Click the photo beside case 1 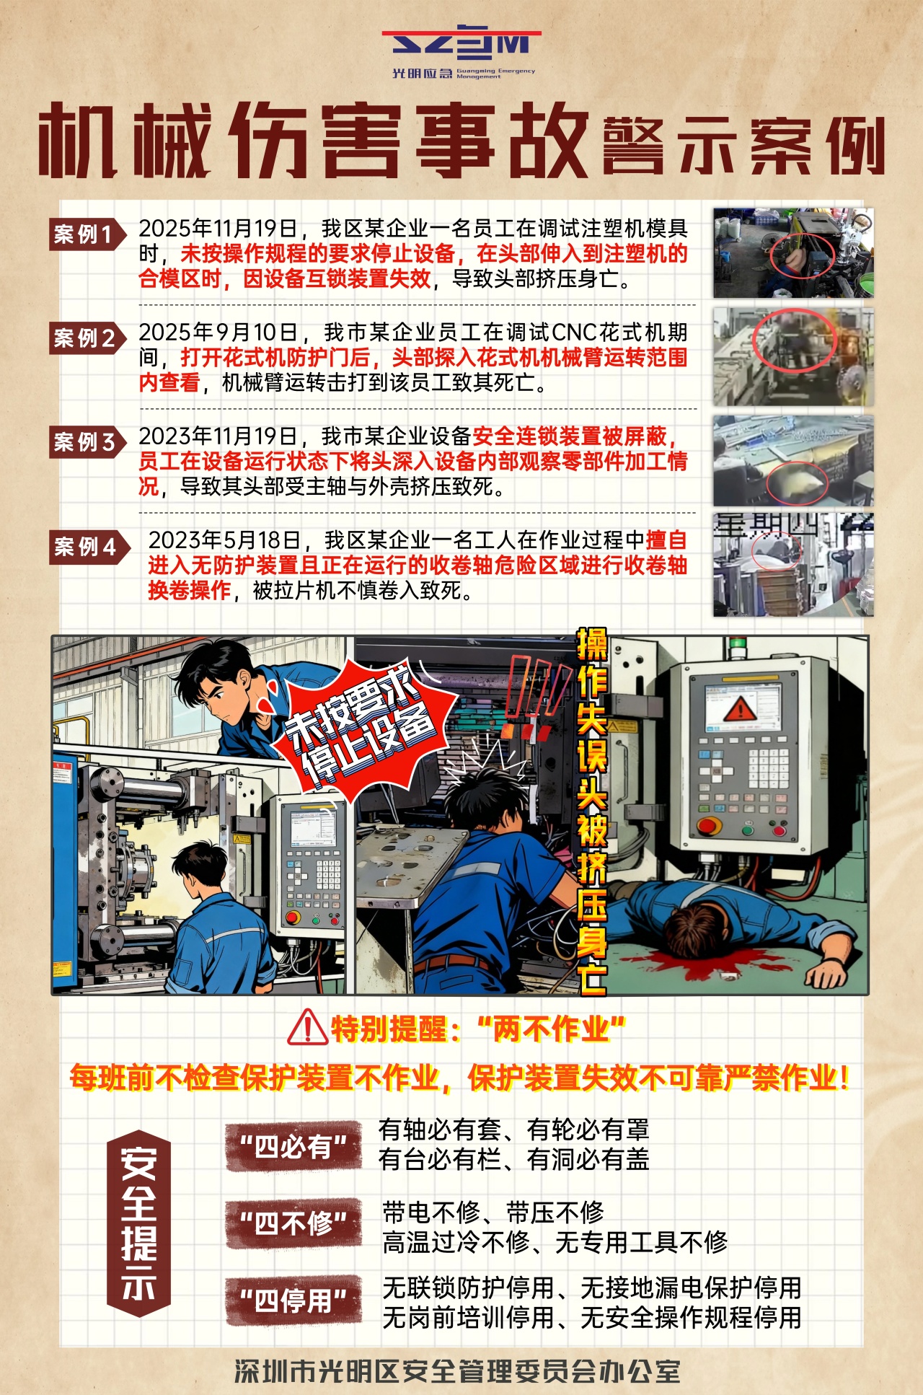793,253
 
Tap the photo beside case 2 793,357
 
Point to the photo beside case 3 793,461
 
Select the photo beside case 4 793,565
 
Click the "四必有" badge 293,1146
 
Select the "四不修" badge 293,1223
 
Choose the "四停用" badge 293,1301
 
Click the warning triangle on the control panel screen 739,709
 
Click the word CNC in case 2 575,333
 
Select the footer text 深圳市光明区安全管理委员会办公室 457,1371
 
